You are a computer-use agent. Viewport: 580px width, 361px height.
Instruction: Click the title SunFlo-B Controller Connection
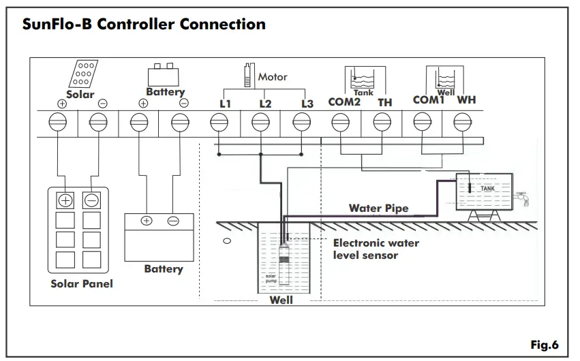coord(144,25)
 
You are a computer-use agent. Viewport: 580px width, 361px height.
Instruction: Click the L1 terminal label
coord(225,104)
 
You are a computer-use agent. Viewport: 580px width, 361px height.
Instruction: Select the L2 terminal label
coord(265,104)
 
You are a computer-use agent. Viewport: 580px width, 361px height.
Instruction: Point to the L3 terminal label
coord(307,104)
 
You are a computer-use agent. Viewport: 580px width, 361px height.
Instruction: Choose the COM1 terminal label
coord(429,100)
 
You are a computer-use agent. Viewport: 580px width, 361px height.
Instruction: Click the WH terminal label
coord(466,100)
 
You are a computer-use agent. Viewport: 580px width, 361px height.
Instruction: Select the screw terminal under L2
coord(260,122)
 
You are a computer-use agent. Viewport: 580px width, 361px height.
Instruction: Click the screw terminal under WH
coord(461,122)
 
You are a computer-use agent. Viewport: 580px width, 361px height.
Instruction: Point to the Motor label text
coord(273,77)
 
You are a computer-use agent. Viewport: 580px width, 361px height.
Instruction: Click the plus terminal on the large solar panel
coord(65,200)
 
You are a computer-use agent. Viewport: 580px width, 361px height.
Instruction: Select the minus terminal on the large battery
coord(173,221)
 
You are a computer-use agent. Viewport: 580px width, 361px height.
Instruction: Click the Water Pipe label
coord(378,208)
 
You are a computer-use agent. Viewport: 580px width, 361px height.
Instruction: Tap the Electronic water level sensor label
coord(376,249)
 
